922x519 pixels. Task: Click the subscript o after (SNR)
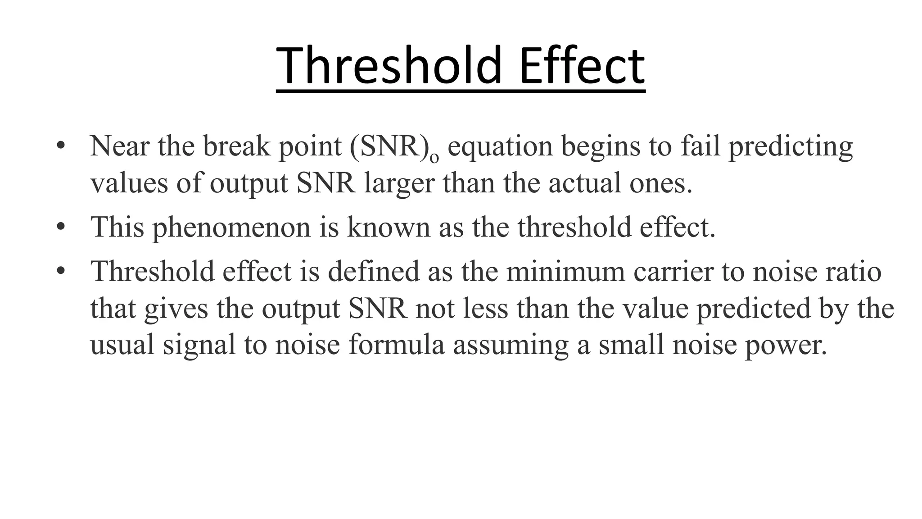point(434,157)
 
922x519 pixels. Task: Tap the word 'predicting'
point(791,147)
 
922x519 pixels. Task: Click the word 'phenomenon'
point(231,228)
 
